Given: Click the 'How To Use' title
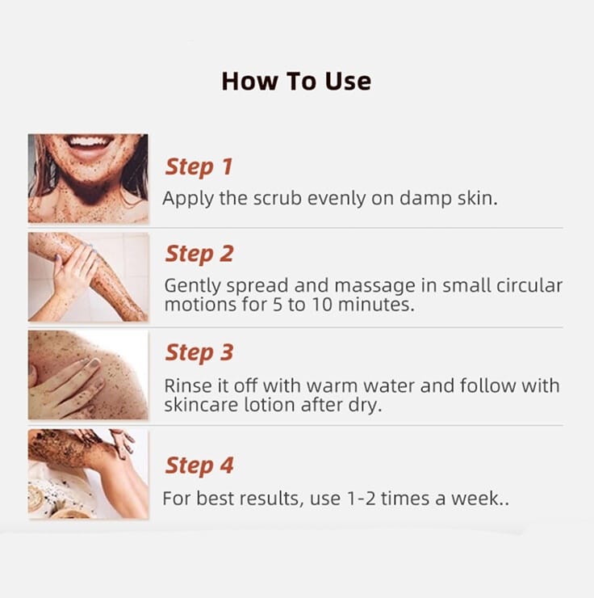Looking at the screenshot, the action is (296, 82).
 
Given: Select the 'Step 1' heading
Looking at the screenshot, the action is (199, 167).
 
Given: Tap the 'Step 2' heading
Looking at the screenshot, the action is (199, 255).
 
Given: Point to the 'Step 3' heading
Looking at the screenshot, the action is (199, 353).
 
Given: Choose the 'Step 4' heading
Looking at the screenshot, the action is (199, 465).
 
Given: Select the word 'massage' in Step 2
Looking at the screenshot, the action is (374, 286).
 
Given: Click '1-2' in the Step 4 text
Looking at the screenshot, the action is (362, 499).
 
